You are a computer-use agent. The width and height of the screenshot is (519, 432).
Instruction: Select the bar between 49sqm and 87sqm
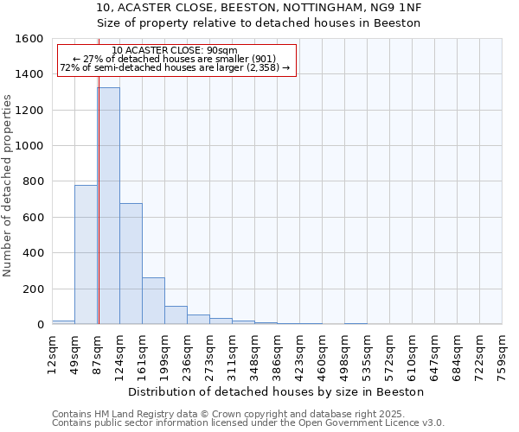pos(86,255)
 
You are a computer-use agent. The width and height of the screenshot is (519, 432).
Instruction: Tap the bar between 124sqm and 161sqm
pos(131,264)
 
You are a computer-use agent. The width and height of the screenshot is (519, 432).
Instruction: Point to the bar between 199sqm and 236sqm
pos(176,315)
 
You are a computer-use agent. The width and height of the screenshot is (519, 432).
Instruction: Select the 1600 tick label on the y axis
pos(29,39)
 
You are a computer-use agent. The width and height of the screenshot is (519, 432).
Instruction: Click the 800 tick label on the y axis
pos(33,181)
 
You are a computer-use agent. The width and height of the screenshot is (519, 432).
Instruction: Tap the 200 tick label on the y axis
pos(33,289)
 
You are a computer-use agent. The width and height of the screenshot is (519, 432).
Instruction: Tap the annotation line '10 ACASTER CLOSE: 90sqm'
pos(175,50)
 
